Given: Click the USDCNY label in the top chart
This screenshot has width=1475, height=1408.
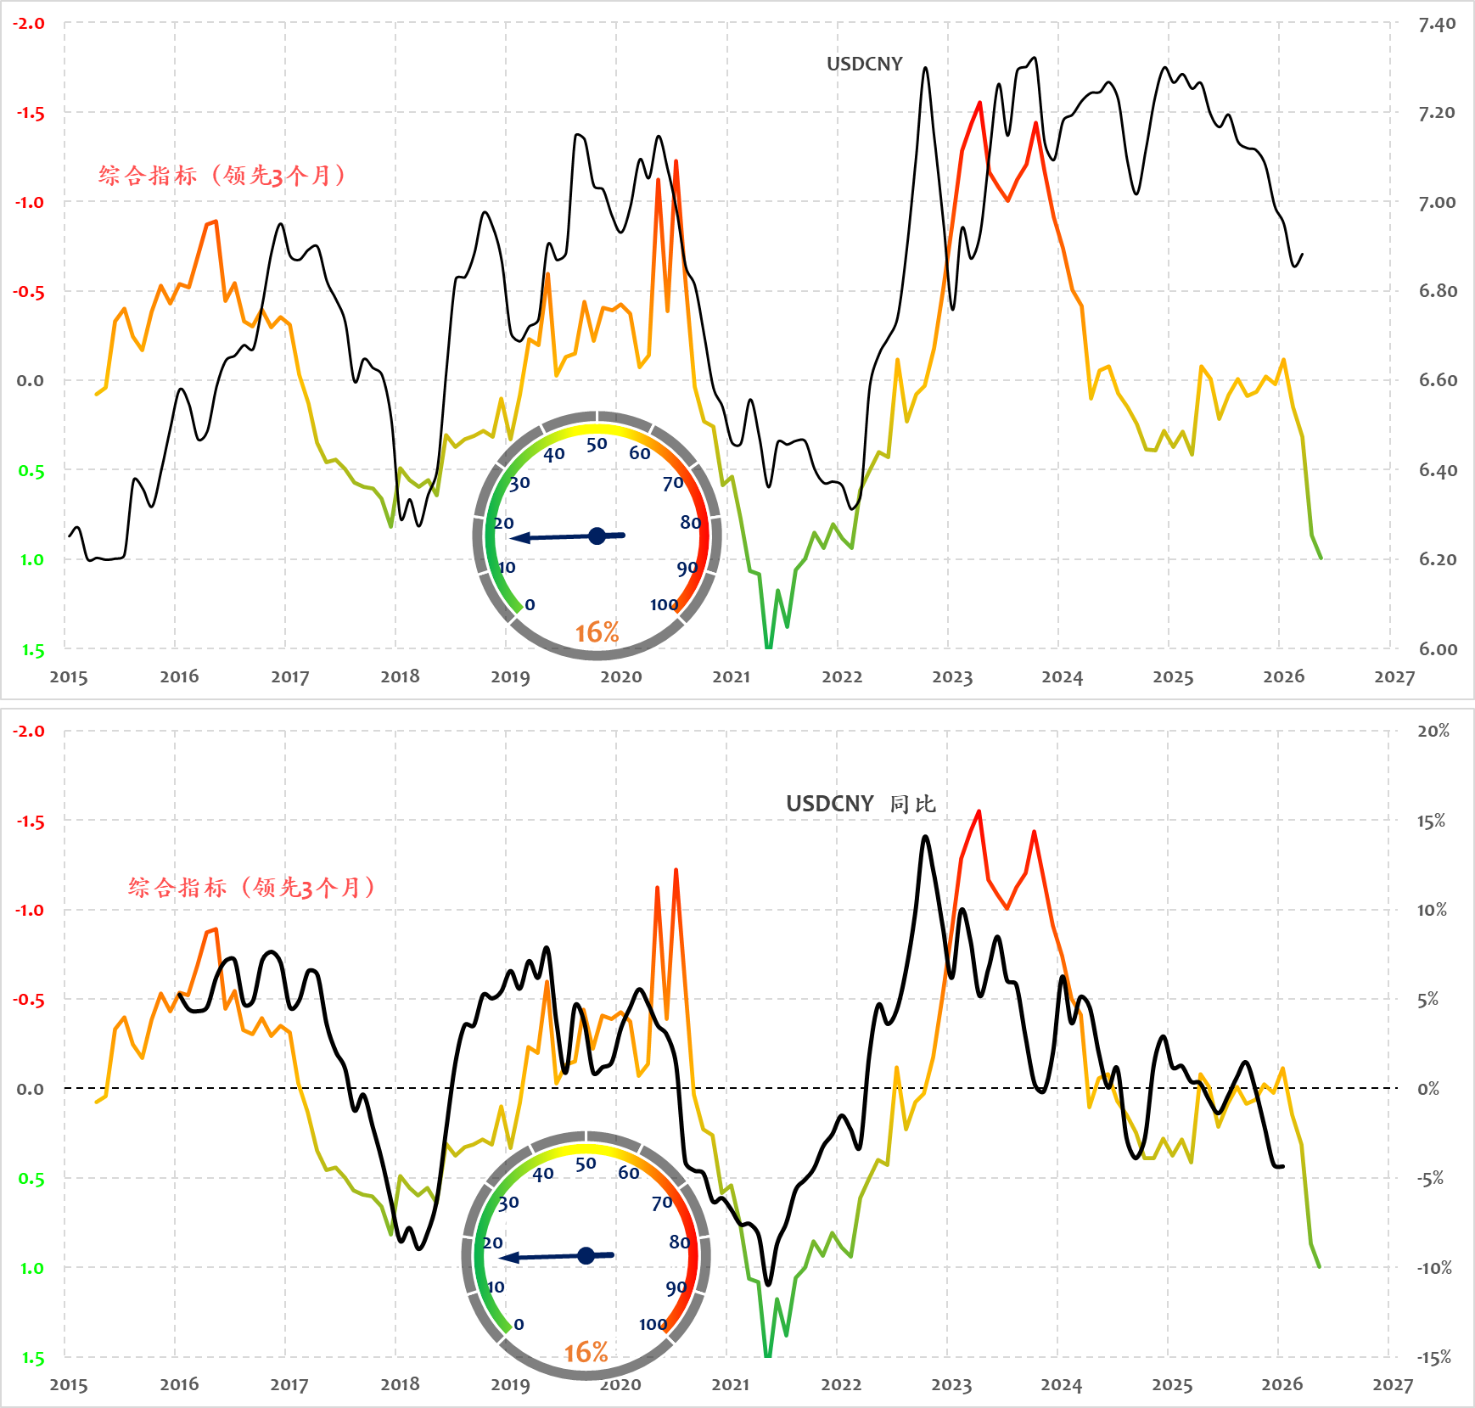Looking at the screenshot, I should pos(864,65).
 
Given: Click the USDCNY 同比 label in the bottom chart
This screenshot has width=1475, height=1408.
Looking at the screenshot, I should pos(861,804).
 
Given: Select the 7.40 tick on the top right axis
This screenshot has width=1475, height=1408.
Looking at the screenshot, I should pos(1437,25).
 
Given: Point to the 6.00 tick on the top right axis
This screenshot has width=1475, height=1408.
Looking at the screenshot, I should pos(1438,649).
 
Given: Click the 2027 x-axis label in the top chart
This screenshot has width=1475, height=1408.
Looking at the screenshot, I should pos(1394,677).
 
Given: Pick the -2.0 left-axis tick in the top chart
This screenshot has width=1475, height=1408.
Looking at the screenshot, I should pos(29,24).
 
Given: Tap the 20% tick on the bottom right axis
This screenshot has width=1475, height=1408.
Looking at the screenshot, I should pos(1433,732).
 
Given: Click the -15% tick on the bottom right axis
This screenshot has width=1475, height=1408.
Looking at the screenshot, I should pos(1433,1358).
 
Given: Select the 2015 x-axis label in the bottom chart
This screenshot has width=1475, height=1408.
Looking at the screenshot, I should pos(69,1385).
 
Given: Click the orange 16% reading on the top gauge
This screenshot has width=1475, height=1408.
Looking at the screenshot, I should pos(597,632).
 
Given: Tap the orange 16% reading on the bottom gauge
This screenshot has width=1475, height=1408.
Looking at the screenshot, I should pos(586,1352).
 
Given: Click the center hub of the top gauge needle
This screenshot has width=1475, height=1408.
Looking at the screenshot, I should pos(597,536).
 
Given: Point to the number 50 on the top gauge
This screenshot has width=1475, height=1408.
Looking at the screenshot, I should pos(597,444).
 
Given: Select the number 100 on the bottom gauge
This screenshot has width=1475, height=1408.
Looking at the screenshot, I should pos(653,1324).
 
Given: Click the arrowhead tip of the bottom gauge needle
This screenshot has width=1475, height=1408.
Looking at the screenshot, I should pos(501,1258).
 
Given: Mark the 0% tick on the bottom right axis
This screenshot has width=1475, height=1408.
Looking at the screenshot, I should pos(1429,1089).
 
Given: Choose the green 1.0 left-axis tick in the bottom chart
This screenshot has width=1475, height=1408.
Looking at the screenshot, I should pos(31,1269).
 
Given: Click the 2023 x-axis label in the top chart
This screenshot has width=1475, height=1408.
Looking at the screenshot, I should pos(952,677).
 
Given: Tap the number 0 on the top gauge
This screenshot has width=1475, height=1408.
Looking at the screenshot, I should pos(530,605).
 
